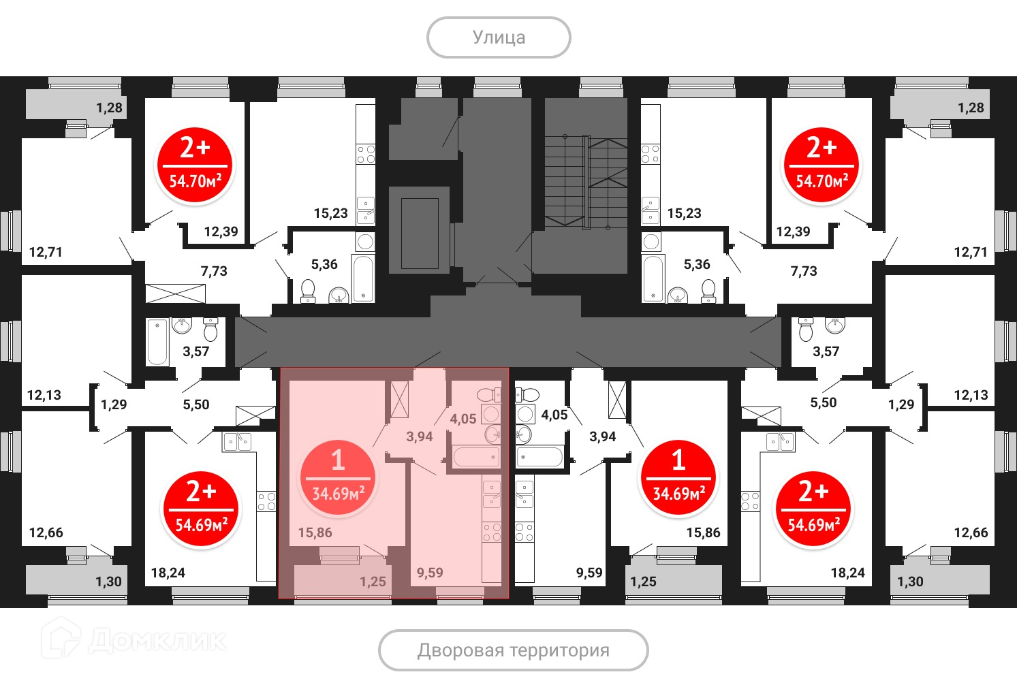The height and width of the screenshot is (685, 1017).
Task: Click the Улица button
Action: [x=499, y=37]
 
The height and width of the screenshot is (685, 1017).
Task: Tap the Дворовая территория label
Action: [x=513, y=650]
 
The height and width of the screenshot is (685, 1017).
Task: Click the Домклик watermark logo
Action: [x=134, y=639]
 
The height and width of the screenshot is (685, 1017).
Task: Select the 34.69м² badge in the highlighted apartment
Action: [x=338, y=477]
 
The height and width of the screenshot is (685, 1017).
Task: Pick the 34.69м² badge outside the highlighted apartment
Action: [x=678, y=477]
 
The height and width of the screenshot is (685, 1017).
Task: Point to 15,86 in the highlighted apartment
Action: [x=315, y=532]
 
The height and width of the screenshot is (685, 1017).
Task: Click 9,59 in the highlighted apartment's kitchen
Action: [x=430, y=573]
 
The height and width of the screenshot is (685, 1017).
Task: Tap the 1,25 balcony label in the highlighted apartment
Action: [x=373, y=582]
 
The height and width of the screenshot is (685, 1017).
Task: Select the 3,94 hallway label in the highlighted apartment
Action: [x=420, y=436]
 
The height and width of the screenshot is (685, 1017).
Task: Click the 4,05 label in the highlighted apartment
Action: [x=463, y=419]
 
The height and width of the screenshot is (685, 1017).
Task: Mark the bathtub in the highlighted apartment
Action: [x=476, y=457]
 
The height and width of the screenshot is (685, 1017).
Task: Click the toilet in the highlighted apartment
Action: [x=488, y=394]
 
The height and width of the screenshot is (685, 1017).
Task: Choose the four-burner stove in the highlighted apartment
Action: [x=492, y=532]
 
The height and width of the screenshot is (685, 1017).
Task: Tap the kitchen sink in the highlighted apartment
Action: [x=492, y=494]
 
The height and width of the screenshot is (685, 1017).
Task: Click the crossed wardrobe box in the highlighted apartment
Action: [x=400, y=400]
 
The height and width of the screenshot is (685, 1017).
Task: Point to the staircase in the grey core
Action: [x=586, y=182]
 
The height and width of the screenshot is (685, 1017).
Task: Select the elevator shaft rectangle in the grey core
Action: [x=420, y=234]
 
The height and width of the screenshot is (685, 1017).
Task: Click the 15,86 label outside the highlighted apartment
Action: [x=703, y=532]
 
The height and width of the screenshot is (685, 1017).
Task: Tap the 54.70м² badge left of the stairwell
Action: [x=195, y=165]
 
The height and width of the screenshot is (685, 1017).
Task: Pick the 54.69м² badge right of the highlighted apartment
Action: [x=813, y=509]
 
